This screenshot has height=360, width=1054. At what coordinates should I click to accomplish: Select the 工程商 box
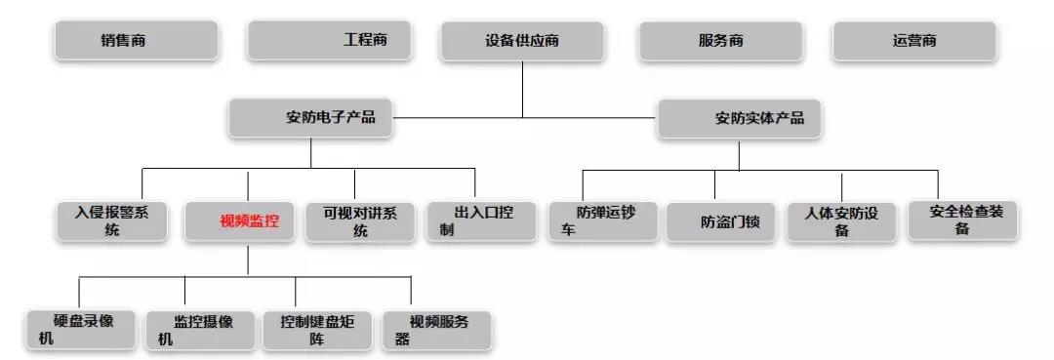click(x=329, y=40)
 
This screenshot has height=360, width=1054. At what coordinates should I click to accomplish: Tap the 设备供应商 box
click(x=522, y=41)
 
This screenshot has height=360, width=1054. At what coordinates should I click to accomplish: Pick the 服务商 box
click(x=720, y=41)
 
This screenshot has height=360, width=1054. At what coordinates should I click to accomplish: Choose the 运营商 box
click(x=914, y=41)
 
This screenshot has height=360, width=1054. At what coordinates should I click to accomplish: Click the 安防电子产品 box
click(x=311, y=118)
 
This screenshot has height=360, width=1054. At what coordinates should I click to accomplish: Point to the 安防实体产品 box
click(x=739, y=118)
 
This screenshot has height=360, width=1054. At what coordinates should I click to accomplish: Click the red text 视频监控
click(x=249, y=221)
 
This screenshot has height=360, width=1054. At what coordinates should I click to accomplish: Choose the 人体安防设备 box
click(x=841, y=220)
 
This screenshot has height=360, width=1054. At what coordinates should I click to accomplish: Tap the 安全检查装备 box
click(x=962, y=220)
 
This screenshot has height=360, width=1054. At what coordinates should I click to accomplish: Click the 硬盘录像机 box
click(x=82, y=330)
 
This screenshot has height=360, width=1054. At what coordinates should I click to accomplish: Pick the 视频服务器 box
click(x=436, y=330)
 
